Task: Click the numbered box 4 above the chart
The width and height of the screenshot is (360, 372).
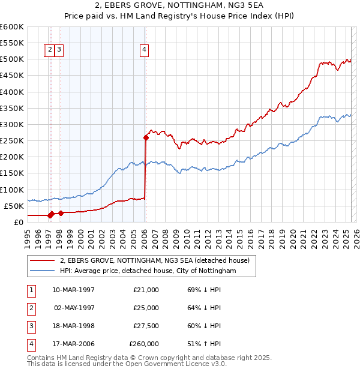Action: coord(145,50)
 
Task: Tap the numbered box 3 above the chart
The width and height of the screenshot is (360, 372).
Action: coord(60,50)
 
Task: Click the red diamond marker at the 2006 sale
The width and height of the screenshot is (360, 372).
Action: coord(146,137)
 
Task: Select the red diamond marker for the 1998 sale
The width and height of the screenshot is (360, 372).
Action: coord(61,213)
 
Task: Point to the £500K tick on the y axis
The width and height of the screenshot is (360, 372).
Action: coord(12,59)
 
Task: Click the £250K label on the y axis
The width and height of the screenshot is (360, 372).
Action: coord(12,140)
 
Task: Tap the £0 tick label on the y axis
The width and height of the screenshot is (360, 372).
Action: coord(18,222)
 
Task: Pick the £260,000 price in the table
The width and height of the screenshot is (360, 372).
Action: coord(144,344)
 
